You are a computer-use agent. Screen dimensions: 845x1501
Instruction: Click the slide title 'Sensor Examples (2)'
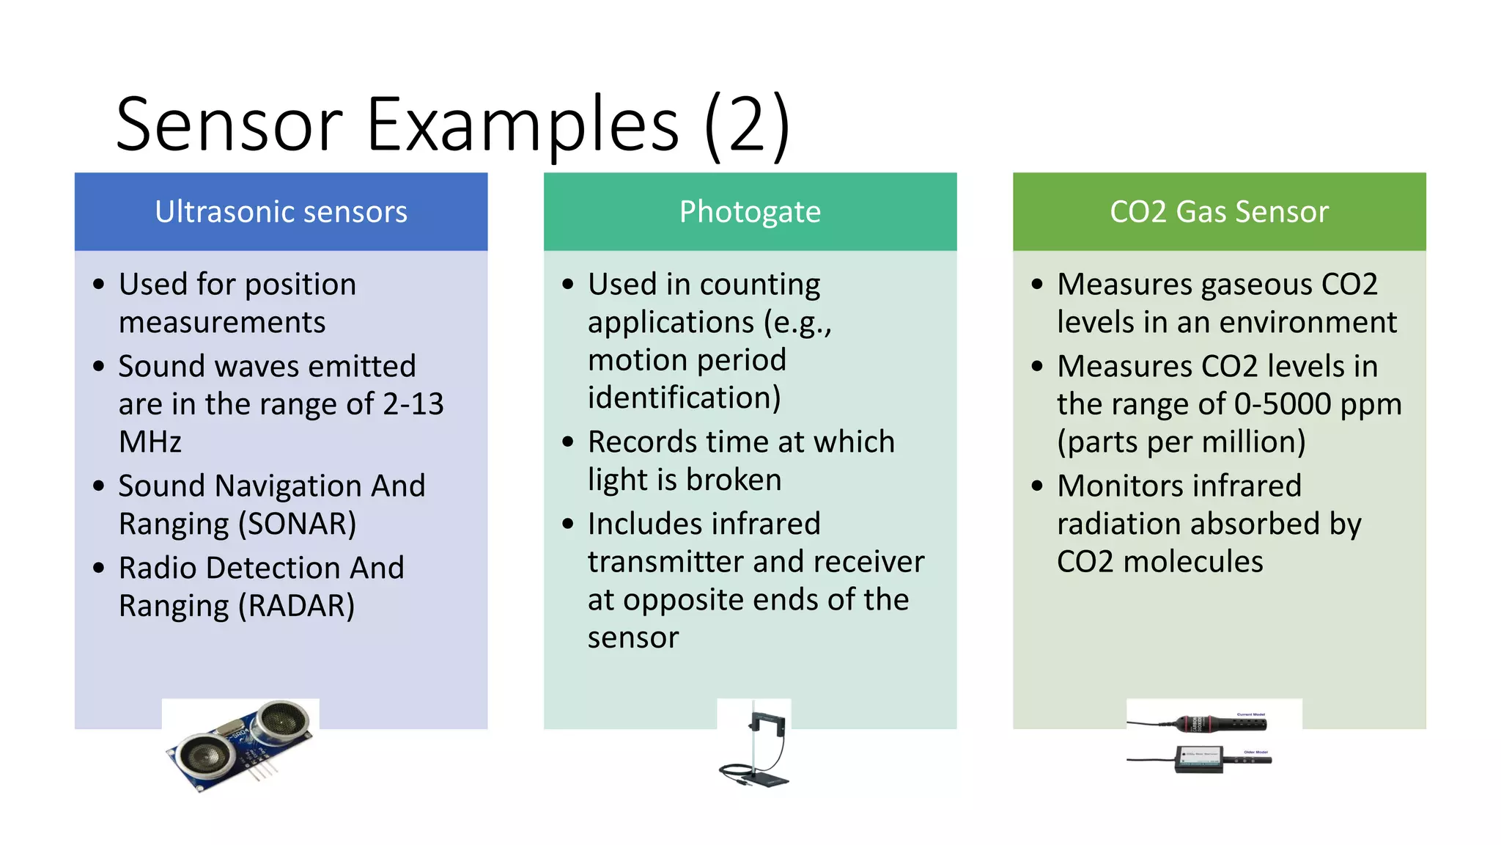click(452, 125)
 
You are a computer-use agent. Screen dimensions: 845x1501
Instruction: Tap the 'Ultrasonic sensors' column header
click(281, 212)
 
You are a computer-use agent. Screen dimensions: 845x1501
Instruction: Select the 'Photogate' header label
click(750, 212)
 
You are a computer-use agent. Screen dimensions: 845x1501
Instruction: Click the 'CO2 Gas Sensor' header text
click(1219, 212)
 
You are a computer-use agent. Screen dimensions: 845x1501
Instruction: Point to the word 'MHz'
click(150, 442)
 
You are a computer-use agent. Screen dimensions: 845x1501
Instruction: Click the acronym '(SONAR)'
click(297, 524)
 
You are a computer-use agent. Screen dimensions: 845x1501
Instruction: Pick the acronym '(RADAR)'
click(296, 607)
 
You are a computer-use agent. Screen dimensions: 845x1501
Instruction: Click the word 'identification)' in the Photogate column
click(684, 398)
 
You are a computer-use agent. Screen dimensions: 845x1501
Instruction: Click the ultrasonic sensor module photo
click(240, 745)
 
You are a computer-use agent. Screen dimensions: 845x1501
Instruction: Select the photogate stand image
click(753, 745)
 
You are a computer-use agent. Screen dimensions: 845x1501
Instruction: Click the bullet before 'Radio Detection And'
click(99, 568)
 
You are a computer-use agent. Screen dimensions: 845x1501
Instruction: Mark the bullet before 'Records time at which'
click(568, 442)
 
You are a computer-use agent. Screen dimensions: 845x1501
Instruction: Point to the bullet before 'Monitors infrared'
click(1037, 486)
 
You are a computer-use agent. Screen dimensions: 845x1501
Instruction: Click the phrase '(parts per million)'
click(1181, 442)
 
